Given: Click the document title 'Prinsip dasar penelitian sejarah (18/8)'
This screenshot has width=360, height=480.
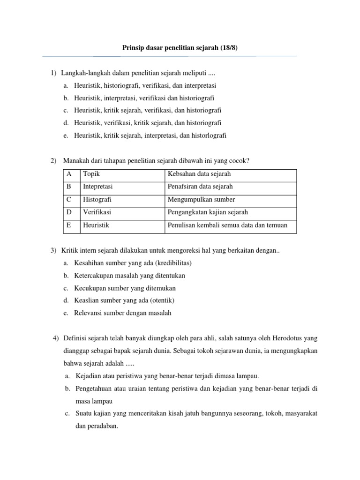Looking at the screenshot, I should point(180,48).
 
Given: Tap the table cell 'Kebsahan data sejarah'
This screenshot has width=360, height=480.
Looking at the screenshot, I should point(199,174).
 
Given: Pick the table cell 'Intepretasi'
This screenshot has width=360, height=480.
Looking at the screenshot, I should point(97,187).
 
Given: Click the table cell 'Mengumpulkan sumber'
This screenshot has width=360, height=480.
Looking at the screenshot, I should point(201,200).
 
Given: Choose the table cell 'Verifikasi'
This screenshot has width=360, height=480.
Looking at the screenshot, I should point(97,212).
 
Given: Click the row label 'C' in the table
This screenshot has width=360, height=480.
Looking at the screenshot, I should point(69,200).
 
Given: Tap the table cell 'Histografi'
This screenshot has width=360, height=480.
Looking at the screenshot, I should point(97,200).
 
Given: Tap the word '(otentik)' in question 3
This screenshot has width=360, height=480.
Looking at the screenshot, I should point(156,300).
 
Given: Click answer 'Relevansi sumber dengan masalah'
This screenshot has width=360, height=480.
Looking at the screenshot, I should point(122,313).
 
